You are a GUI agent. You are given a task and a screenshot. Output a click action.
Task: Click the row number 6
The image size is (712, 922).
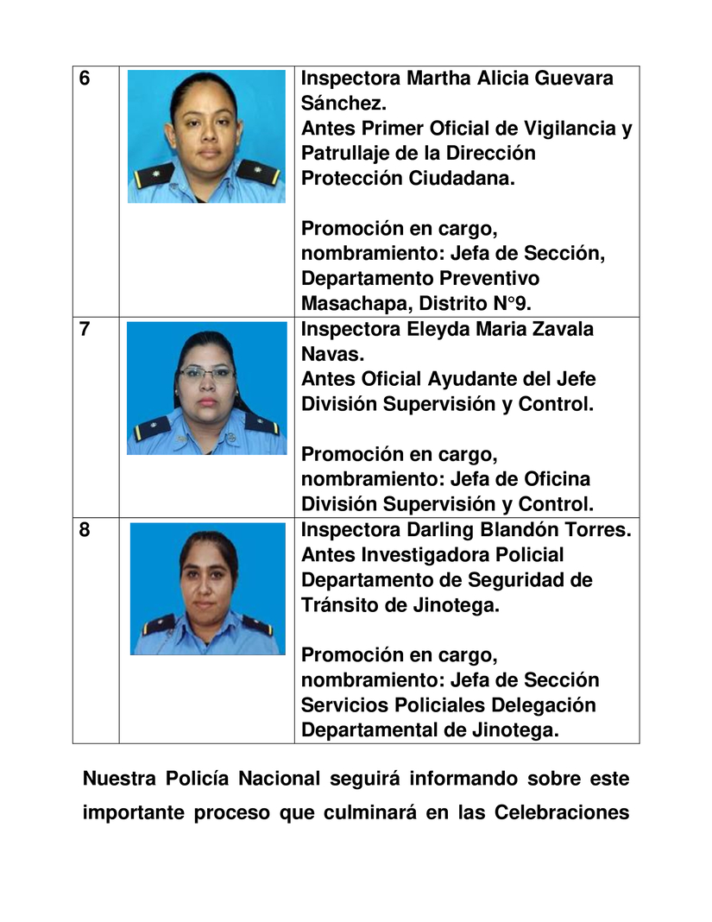tap(85, 79)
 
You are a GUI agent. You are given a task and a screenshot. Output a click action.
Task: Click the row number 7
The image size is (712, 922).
tap(85, 330)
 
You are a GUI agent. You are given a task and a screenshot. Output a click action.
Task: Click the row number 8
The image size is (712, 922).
tap(85, 530)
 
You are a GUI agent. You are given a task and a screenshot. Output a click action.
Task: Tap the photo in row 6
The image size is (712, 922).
tap(206, 136)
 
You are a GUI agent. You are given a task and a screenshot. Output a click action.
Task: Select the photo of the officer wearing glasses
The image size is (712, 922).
tap(206, 388)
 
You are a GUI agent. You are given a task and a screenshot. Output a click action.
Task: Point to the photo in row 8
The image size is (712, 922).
tap(206, 588)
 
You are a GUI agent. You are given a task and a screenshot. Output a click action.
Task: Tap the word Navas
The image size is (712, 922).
tap(329, 355)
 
